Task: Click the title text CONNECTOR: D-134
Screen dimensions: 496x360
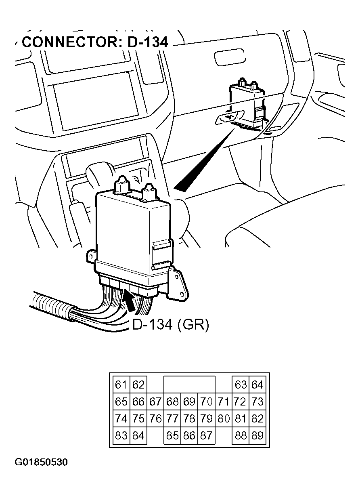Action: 95,42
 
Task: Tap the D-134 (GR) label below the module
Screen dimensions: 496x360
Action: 171,324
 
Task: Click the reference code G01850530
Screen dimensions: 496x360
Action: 42,462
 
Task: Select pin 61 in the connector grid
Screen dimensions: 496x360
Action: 121,385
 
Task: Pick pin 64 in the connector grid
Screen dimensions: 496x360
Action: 257,385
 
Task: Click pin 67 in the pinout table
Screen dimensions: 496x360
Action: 155,402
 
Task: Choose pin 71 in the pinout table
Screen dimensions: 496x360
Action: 223,402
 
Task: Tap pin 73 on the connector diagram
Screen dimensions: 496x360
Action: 257,402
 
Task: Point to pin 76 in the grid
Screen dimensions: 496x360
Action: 155,418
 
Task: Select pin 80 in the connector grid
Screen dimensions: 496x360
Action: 223,418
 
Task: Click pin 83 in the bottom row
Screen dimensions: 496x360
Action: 121,435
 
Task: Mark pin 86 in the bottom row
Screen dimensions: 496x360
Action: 189,435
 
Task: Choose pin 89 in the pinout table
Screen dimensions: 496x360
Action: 257,435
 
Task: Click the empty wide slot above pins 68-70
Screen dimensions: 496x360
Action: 189,385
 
